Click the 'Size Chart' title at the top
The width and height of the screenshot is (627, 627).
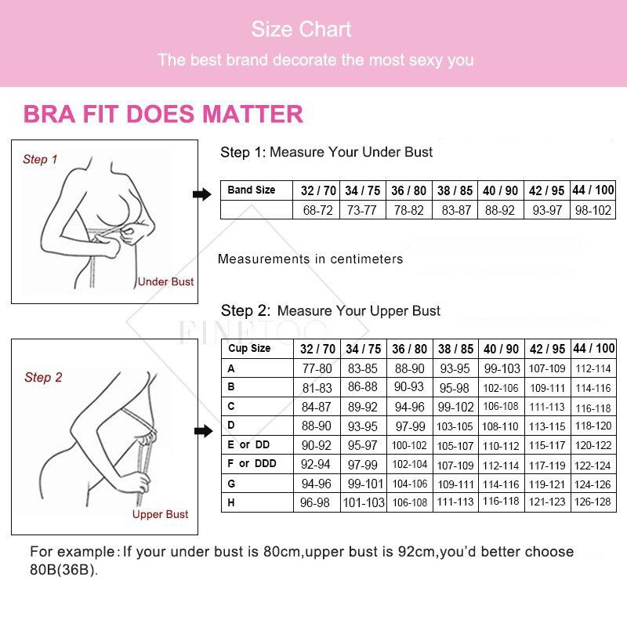pyautogui.click(x=301, y=30)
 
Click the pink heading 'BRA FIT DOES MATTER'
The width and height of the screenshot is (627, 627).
pyautogui.click(x=163, y=114)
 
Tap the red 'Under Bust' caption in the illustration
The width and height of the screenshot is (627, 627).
pyautogui.click(x=165, y=281)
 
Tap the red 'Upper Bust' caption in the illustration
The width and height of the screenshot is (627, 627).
pyautogui.click(x=160, y=514)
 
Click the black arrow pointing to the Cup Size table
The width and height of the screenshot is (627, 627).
pyautogui.click(x=203, y=431)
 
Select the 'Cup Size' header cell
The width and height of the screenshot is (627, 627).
pyautogui.click(x=249, y=349)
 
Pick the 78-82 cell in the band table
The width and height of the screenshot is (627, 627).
pyautogui.click(x=409, y=210)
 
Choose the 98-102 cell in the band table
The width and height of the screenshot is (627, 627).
pyautogui.click(x=593, y=210)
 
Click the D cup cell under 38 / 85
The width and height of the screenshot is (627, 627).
pyautogui.click(x=455, y=426)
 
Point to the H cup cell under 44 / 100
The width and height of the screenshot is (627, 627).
pyautogui.click(x=593, y=502)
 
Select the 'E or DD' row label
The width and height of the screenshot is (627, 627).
pyautogui.click(x=248, y=444)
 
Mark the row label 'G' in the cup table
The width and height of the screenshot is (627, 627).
pyautogui.click(x=231, y=483)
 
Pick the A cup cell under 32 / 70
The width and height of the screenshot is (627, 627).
pyautogui.click(x=317, y=368)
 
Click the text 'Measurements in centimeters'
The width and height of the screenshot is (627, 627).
pyautogui.click(x=310, y=259)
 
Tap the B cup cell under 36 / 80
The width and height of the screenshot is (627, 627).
pyautogui.click(x=409, y=387)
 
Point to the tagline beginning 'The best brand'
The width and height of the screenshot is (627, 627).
pyautogui.click(x=315, y=60)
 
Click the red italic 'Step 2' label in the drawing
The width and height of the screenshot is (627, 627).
pyautogui.click(x=43, y=378)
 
